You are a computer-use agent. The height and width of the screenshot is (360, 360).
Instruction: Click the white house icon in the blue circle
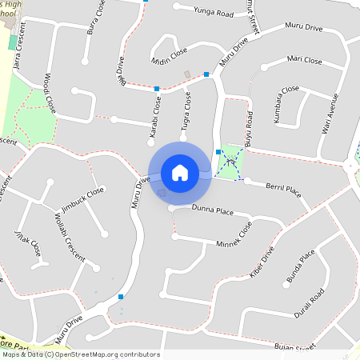coord(180,172)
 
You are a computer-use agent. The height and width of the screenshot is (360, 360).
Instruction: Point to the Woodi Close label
coord(50,94)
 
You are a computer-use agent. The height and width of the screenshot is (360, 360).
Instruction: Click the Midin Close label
coord(169,54)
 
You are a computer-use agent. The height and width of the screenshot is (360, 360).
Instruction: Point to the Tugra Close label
coord(186,110)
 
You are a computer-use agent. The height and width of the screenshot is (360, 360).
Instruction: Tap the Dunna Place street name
coord(212,211)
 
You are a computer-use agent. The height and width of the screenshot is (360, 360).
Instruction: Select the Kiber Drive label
coord(262,262)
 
